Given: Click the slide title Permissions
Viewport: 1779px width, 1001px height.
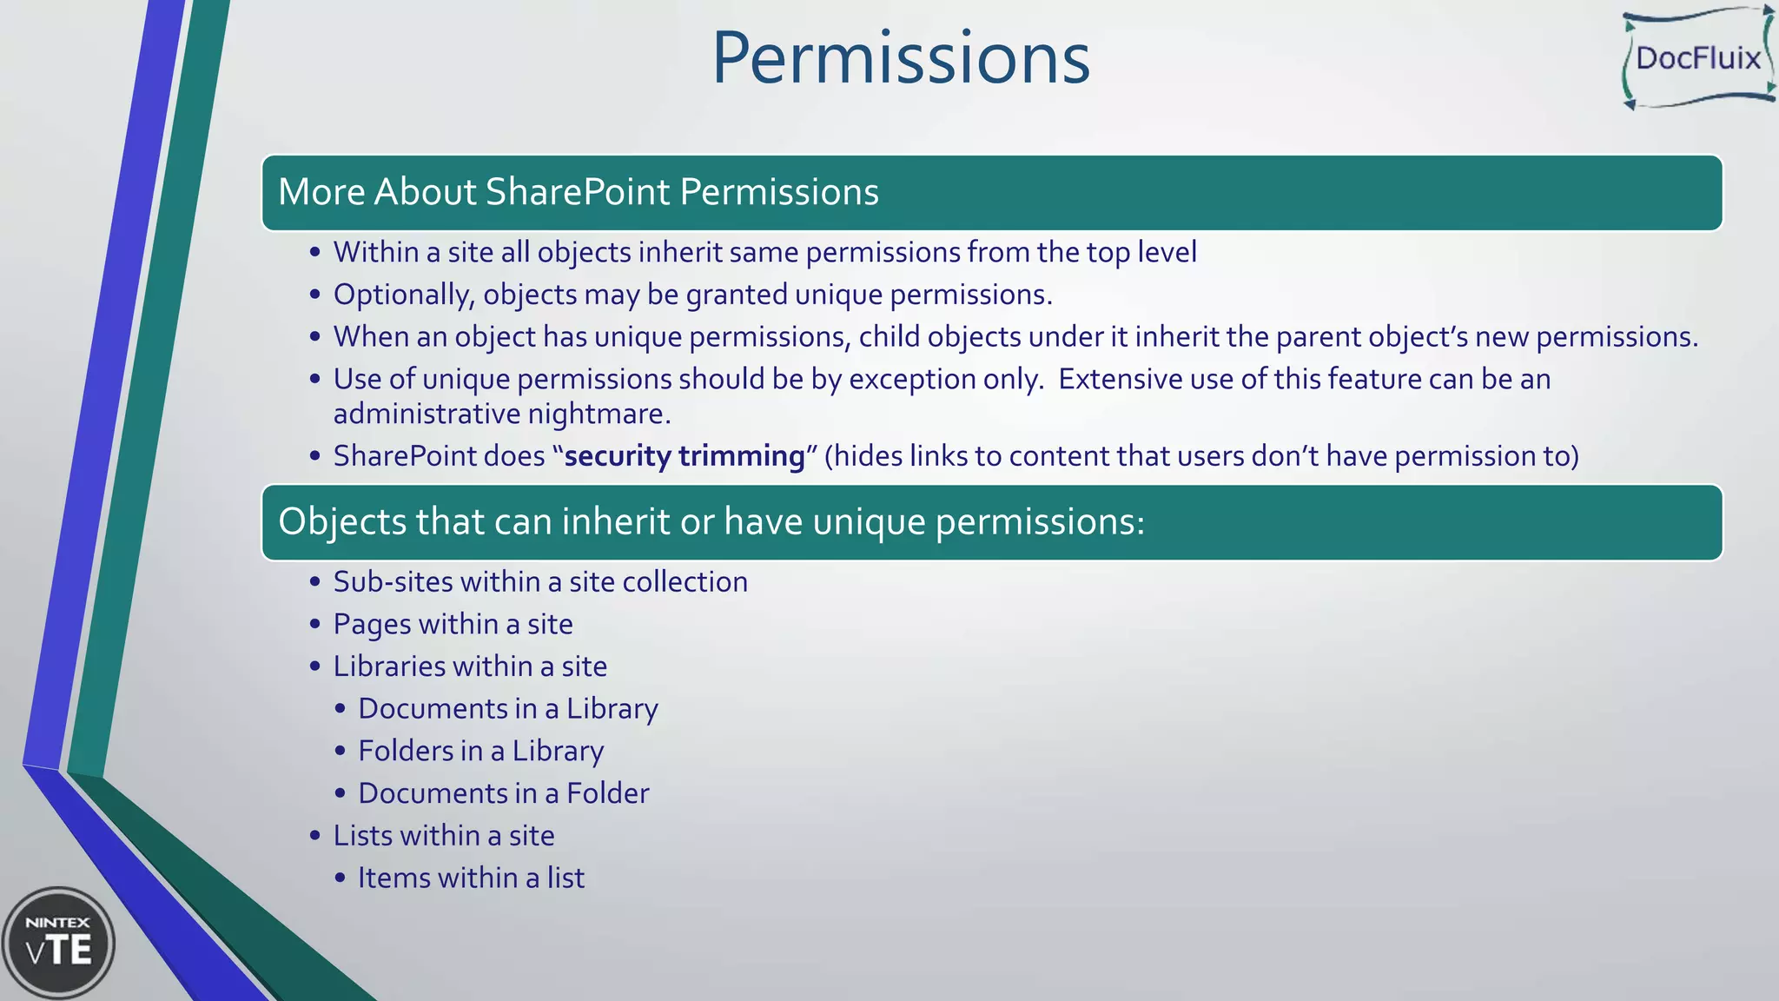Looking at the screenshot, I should pos(901,59).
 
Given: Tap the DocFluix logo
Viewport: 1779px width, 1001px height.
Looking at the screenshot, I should pos(1697,58).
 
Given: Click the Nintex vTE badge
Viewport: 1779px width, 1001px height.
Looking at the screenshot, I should pos(58,943).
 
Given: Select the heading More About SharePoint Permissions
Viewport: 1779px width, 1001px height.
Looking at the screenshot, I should pos(578,192).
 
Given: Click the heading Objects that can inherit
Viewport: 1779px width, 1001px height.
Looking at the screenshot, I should pos(711,521).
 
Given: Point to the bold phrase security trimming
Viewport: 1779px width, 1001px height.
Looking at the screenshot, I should pos(684,456).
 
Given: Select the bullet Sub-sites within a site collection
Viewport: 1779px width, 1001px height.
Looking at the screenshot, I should pos(539,581).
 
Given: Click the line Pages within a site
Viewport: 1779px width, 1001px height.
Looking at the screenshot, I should pos(453,624).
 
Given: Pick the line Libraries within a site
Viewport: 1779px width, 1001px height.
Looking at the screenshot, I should pos(470,666).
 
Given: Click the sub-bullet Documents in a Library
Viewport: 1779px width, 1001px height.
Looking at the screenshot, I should pos(507,709).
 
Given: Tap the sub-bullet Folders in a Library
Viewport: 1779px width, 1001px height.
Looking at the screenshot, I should pos(480,751).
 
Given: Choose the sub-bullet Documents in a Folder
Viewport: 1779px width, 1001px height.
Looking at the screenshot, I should pos(503,793).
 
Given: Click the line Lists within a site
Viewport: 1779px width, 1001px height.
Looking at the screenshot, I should pos(443,836).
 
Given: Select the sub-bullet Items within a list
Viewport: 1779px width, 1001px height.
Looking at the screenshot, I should pos(471,878).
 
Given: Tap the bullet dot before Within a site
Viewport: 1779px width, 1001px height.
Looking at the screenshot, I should pos(314,253).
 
